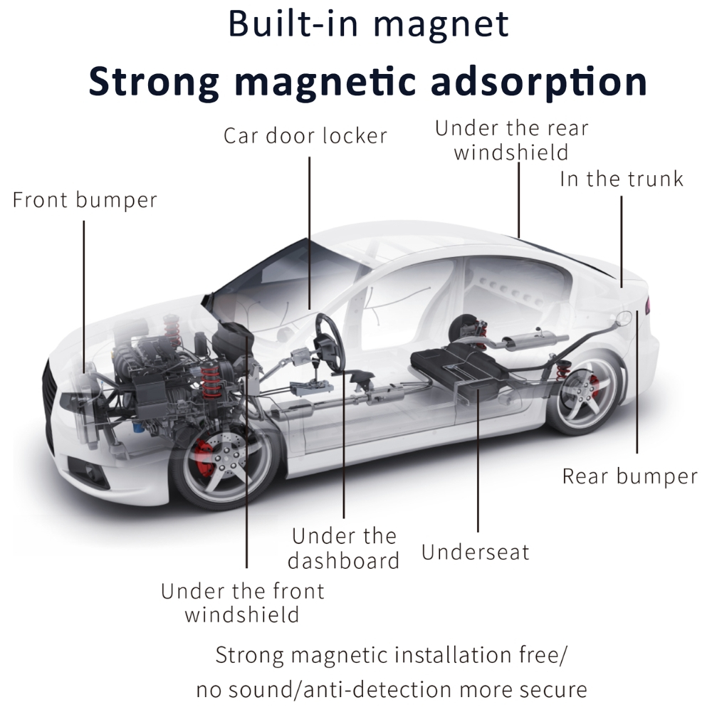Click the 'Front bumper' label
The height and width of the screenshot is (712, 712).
(x=85, y=200)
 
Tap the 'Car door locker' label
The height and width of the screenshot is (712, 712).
(x=305, y=136)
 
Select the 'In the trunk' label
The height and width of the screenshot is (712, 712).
(x=621, y=179)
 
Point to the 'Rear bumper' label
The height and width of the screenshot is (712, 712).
(x=630, y=477)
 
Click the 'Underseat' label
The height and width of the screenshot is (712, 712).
(x=476, y=553)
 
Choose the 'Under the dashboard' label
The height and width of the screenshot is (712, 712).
(x=344, y=548)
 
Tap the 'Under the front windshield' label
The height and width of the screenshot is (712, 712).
(x=243, y=603)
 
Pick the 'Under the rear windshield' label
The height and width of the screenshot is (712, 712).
(x=511, y=140)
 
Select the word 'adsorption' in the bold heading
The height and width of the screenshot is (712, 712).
(x=538, y=82)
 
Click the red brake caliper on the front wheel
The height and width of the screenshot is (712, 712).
(x=204, y=457)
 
